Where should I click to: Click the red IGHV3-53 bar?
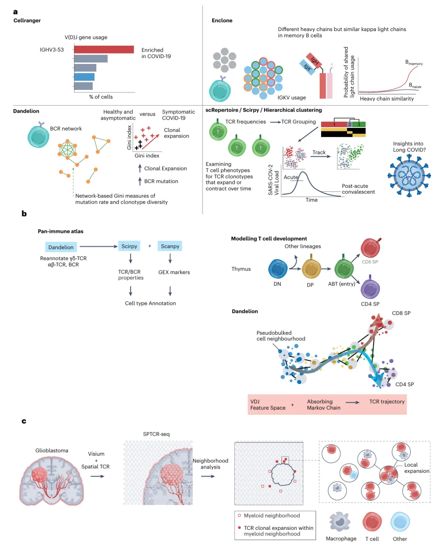tap(104, 50)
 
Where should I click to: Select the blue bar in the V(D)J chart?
tap(84, 77)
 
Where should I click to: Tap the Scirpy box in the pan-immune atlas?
tap(129, 246)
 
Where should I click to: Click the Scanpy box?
tap(170, 246)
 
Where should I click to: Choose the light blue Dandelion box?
tap(61, 247)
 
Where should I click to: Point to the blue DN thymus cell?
tap(278, 269)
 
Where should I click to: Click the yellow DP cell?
tap(311, 269)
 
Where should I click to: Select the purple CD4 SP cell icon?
tap(370, 289)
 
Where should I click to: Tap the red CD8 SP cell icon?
tap(370, 248)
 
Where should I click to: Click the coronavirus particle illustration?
tap(409, 176)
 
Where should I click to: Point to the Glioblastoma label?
tap(52, 451)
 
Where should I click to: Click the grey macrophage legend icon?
tap(340, 522)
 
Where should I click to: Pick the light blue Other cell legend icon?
tap(400, 522)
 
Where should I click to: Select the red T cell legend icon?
tap(372, 522)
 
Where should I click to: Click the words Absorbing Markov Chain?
tap(323, 405)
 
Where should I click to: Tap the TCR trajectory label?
tap(387, 402)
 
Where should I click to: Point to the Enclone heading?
tap(222, 21)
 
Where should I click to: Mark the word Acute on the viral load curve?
tap(291, 177)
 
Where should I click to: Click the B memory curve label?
tap(413, 62)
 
